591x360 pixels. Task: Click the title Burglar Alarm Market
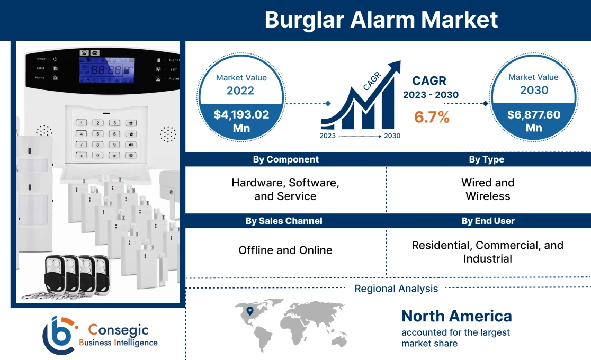tap(381, 20)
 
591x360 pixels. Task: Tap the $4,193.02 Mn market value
tap(241, 121)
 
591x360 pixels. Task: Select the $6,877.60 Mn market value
tap(533, 121)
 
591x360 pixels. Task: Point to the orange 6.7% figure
tap(432, 117)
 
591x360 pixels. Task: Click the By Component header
tap(285, 159)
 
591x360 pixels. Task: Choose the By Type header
tap(487, 159)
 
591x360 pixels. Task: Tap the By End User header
tap(488, 221)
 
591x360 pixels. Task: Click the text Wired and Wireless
tap(488, 189)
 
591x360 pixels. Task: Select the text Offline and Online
tap(285, 250)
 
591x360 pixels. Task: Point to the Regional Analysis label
tap(396, 289)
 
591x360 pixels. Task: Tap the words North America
tap(456, 316)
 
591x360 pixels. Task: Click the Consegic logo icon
tap(58, 335)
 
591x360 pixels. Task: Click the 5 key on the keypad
tap(98, 133)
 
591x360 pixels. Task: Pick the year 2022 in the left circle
tap(241, 90)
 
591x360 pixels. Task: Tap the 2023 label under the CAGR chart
tap(328, 136)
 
